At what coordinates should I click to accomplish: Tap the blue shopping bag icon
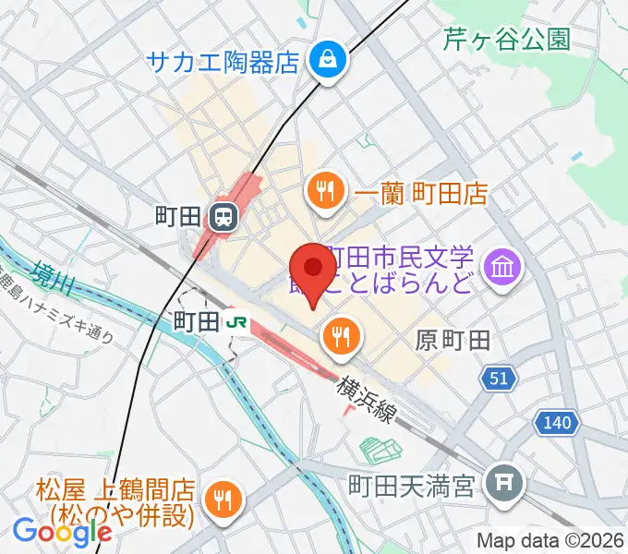point(326,62)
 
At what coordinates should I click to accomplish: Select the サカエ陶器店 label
point(223,63)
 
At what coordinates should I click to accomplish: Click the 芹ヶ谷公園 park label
point(507,39)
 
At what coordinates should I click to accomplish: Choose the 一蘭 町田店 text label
point(421,193)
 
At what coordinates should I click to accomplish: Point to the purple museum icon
point(506,269)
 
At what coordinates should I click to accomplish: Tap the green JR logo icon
point(236,321)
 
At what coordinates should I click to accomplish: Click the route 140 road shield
point(558,423)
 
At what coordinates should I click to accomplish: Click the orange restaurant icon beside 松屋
point(223,499)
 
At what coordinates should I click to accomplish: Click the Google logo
point(62,530)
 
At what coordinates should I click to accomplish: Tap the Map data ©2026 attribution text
point(549,540)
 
